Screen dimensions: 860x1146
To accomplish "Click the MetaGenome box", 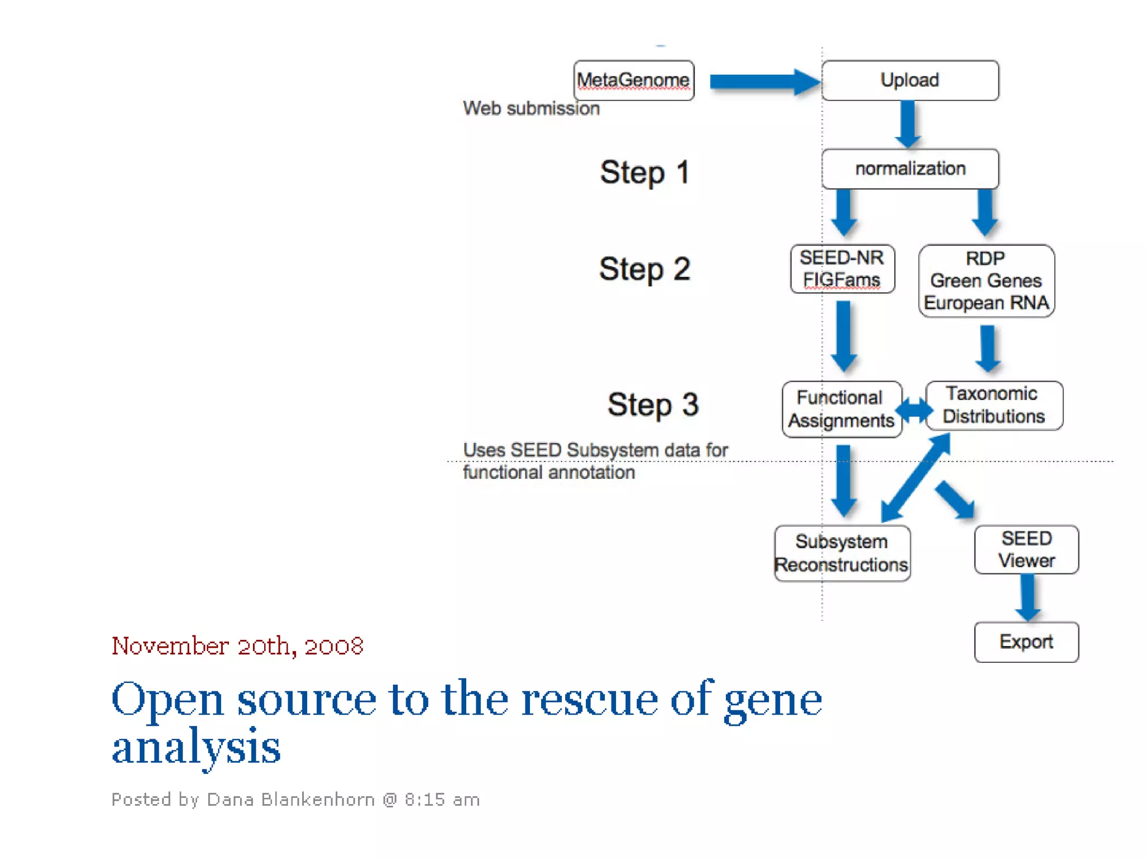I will click(x=633, y=81).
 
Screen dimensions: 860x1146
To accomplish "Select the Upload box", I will click(x=910, y=81).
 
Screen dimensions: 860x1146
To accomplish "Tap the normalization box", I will click(x=910, y=169).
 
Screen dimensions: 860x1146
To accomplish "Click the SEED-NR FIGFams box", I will click(x=842, y=269).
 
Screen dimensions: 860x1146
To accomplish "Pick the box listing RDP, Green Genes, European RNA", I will click(x=986, y=281).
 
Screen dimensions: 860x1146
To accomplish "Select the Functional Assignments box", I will click(x=841, y=409).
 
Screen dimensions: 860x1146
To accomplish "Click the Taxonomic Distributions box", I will click(x=994, y=405).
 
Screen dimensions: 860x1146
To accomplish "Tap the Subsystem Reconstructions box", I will click(x=842, y=553).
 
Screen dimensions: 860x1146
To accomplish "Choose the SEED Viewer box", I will click(x=1026, y=549).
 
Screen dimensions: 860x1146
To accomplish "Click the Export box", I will click(x=1026, y=642).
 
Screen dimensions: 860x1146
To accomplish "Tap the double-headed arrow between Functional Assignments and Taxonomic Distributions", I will click(x=914, y=410).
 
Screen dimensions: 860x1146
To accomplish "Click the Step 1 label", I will click(x=645, y=172).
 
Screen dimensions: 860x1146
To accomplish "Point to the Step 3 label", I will click(x=653, y=404).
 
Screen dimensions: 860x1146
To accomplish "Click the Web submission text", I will click(x=531, y=108).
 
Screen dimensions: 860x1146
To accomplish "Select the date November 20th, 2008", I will click(x=237, y=646).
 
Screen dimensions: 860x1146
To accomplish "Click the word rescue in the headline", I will click(x=589, y=700).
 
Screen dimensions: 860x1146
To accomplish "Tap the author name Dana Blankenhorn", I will click(x=290, y=800).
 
